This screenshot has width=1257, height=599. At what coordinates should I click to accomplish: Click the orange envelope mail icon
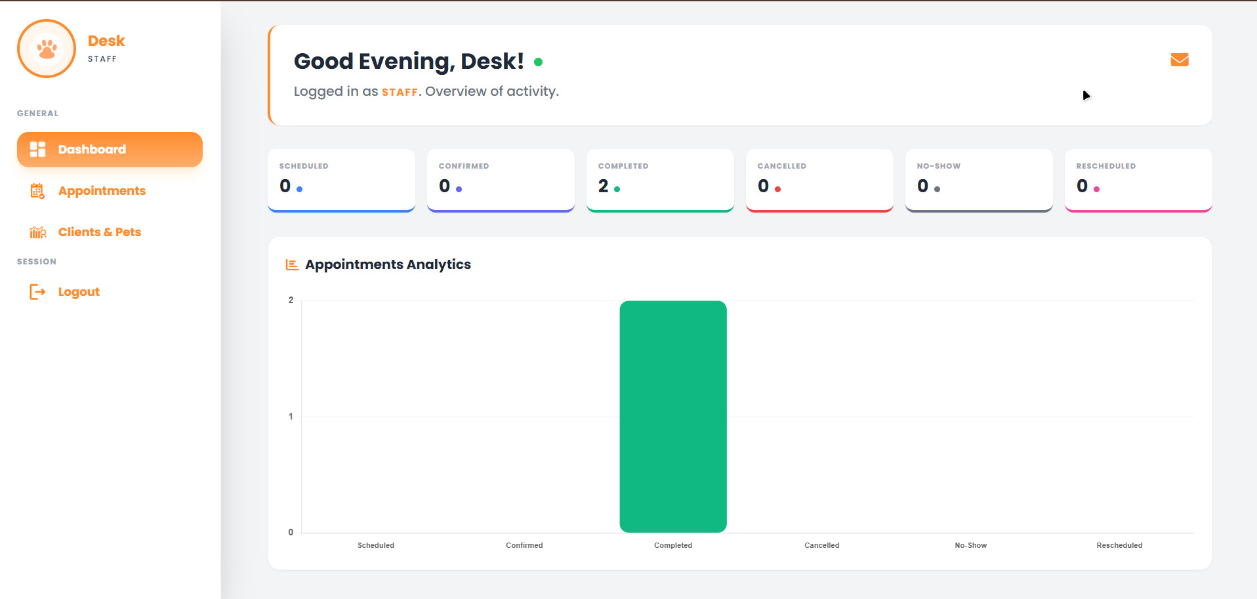(x=1179, y=60)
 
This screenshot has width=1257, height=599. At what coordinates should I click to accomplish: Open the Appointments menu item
(x=102, y=191)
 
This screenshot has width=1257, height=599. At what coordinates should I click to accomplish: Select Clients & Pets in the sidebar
(x=99, y=232)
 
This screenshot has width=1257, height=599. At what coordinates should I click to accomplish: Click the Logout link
(x=78, y=292)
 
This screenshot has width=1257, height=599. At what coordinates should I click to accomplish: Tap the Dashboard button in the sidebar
(x=110, y=150)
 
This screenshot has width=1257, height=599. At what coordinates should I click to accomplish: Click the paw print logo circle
(x=47, y=49)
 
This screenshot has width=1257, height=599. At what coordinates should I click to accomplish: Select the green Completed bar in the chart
(x=672, y=416)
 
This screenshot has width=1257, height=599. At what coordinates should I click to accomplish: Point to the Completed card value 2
(x=603, y=186)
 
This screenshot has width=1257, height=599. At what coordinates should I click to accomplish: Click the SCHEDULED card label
(x=303, y=166)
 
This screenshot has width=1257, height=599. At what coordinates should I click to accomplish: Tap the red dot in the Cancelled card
(x=777, y=190)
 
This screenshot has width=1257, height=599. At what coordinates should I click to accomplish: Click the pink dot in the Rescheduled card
(x=1096, y=190)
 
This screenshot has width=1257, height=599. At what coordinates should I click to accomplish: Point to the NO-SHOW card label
(x=938, y=166)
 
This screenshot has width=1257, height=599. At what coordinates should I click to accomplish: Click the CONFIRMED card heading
(x=463, y=166)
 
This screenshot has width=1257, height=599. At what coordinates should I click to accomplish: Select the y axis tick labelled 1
(x=291, y=416)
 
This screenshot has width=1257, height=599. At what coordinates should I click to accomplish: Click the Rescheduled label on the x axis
(x=1119, y=545)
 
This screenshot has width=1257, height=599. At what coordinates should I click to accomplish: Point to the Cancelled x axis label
(x=821, y=545)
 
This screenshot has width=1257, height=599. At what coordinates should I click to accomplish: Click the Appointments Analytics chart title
(x=388, y=264)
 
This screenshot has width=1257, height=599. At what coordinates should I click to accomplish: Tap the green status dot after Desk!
(x=538, y=62)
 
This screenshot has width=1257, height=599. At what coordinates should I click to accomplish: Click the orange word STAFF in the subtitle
(x=400, y=93)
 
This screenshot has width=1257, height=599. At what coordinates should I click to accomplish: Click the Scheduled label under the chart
(x=375, y=545)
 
